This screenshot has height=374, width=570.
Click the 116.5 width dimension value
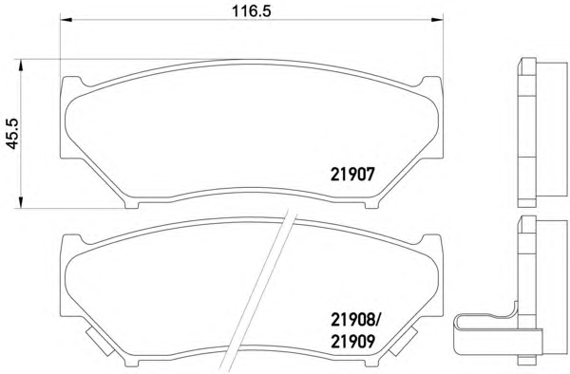252,10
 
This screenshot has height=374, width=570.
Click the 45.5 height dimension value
13,134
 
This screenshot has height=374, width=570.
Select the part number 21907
352,175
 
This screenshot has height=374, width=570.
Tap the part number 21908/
355,320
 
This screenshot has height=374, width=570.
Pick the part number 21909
352,342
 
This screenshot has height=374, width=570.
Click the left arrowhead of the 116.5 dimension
66,19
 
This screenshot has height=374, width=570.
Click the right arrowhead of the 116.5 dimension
437,19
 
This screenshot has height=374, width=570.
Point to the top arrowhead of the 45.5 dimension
21,65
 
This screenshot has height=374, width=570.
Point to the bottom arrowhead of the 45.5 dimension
21,202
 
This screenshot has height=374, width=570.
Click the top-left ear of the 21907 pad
71,83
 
